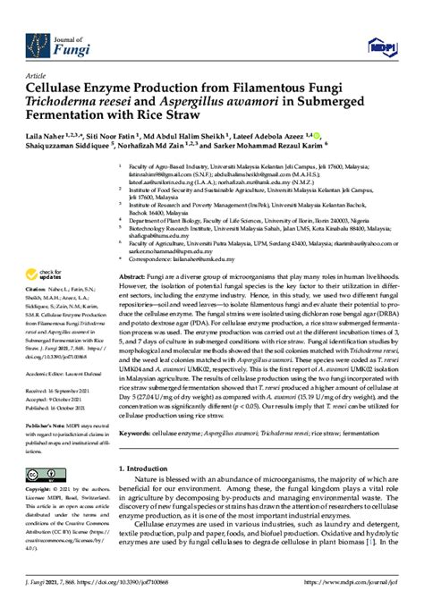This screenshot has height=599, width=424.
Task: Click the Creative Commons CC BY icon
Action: tap(39, 473)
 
